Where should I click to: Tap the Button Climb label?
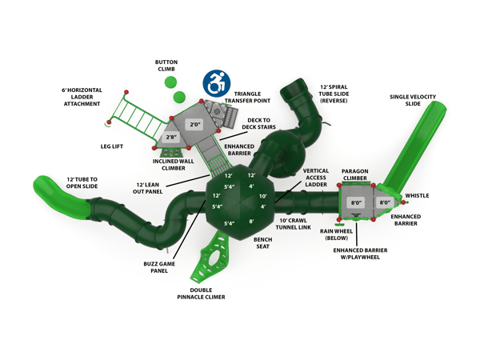pyautogui.click(x=166, y=66)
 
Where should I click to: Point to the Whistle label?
pyautogui.click(x=417, y=195)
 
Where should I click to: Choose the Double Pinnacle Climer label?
pyautogui.click(x=201, y=294)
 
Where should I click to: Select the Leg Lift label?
pyautogui.click(x=111, y=146)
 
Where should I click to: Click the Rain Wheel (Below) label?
pyautogui.click(x=337, y=234)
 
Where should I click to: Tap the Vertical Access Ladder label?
pyautogui.click(x=315, y=178)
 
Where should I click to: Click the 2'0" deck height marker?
pyautogui.click(x=195, y=125)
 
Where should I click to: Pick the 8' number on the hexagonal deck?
pyautogui.click(x=251, y=221)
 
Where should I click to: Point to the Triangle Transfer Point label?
pyautogui.click(x=248, y=98)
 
